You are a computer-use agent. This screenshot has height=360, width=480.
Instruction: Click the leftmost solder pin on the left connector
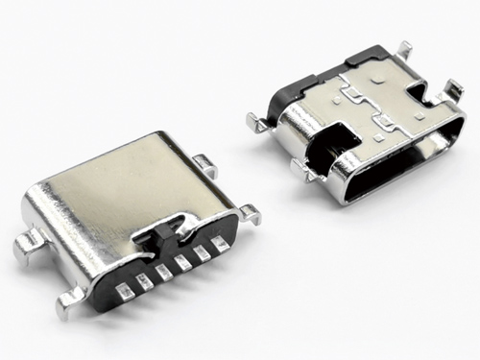pos(124,287)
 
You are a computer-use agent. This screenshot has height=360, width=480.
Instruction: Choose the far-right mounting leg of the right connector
pos(460,93)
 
